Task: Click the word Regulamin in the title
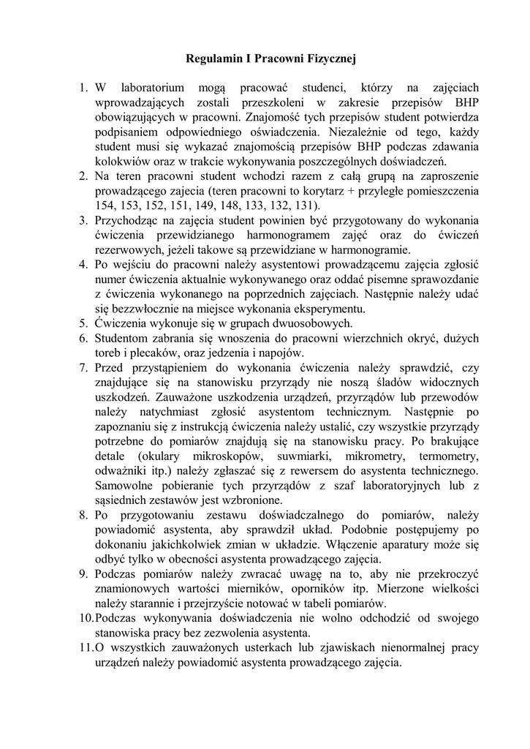tap(211, 56)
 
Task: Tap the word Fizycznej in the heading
tap(329, 56)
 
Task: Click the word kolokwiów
tap(125, 162)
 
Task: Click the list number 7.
tap(83, 367)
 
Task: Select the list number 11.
tap(85, 647)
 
